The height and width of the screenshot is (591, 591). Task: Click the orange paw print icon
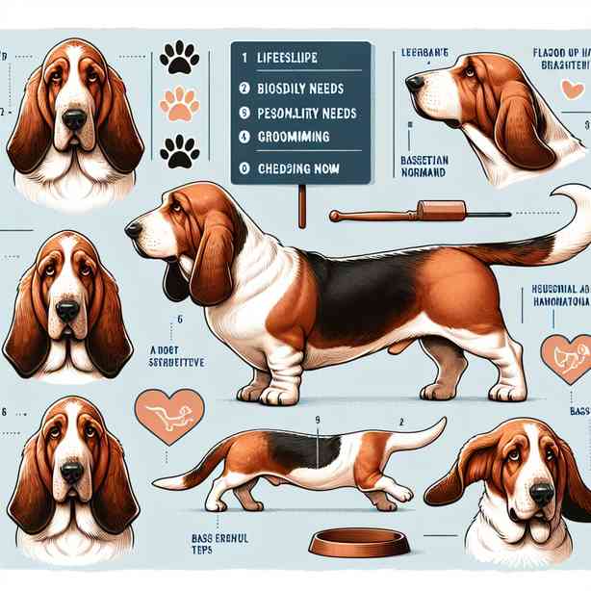179,104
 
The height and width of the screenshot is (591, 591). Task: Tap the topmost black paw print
179,57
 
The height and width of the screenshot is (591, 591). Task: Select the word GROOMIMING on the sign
295,137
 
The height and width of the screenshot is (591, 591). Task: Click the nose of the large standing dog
132,229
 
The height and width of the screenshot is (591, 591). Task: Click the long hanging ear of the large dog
211,265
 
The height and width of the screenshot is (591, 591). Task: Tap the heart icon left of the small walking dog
168,415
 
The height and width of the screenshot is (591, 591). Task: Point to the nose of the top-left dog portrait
73,118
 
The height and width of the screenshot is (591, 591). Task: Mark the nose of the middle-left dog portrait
67,310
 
